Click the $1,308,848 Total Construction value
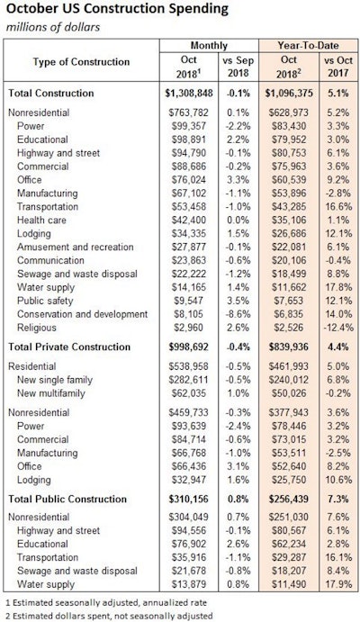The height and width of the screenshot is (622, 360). [186, 94]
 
